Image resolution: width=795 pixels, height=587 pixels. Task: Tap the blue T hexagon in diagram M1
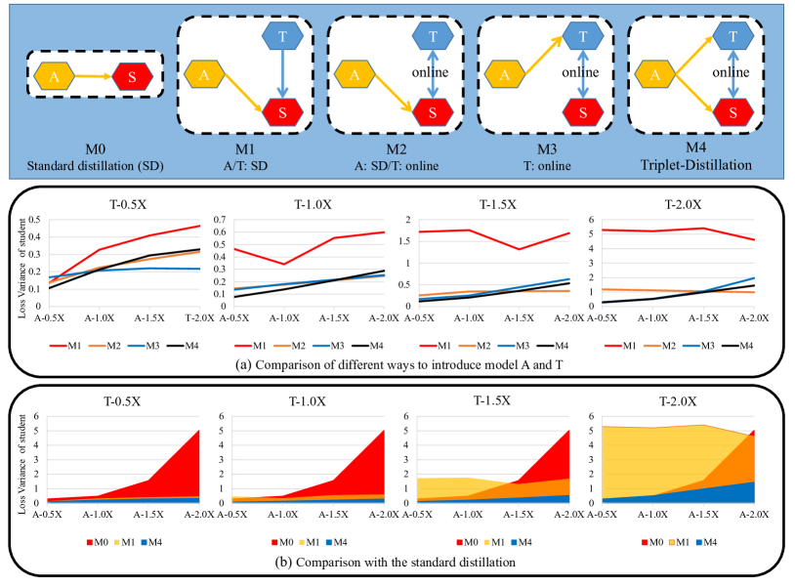click(280, 37)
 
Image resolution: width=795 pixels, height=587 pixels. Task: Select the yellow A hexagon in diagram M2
click(355, 74)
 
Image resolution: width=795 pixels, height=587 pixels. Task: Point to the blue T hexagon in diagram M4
click(732, 37)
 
